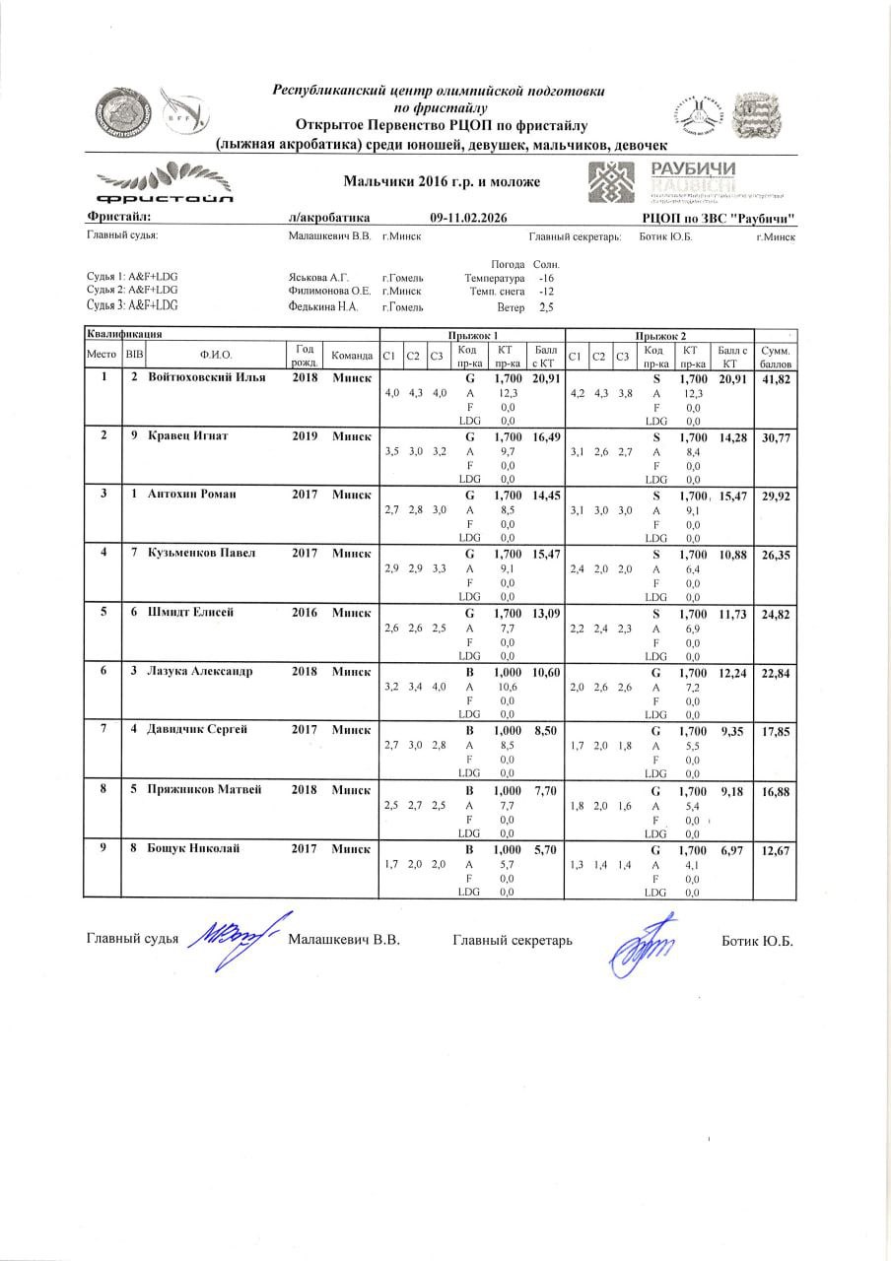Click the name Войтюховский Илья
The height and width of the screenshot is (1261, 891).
click(207, 379)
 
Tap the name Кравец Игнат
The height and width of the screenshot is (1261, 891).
click(187, 436)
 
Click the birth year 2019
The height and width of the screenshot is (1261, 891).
click(305, 436)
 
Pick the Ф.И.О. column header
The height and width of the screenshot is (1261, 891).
click(215, 355)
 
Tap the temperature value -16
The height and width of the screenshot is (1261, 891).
click(546, 278)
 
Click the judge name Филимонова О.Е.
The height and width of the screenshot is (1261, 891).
click(328, 291)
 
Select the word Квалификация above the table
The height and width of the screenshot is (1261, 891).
click(123, 336)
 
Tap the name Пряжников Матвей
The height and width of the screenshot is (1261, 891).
click(204, 789)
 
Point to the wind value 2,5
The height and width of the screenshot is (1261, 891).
click(546, 307)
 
